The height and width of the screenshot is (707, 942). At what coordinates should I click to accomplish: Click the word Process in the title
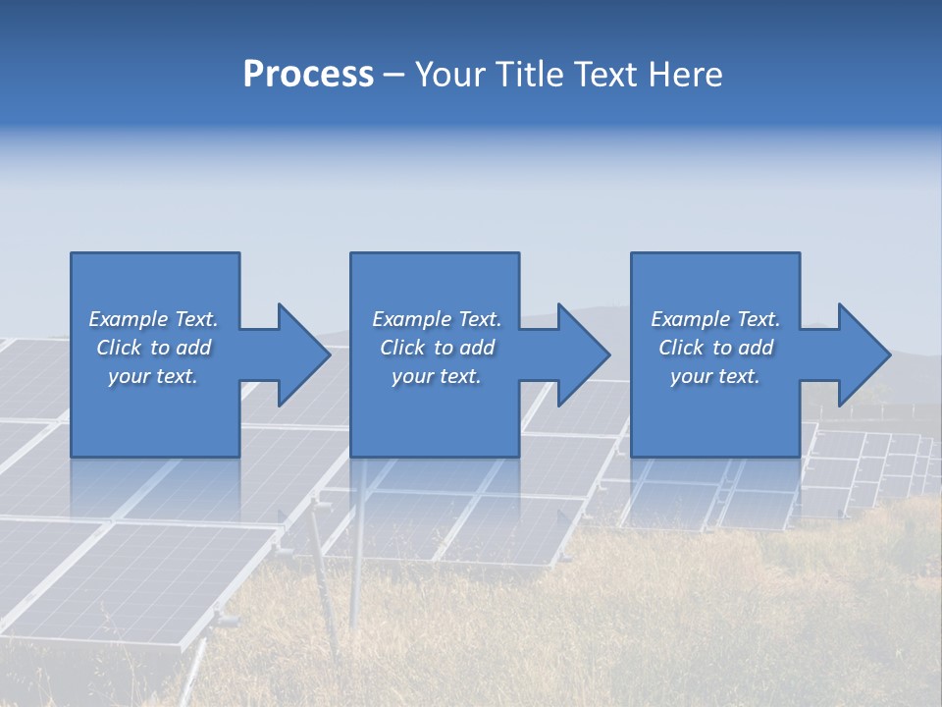(309, 75)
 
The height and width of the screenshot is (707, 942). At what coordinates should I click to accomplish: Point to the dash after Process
(394, 77)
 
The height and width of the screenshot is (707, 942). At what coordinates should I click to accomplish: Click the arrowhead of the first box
(304, 354)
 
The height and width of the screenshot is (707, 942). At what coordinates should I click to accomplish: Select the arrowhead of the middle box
(584, 354)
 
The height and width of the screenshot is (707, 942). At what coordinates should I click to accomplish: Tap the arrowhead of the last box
(864, 354)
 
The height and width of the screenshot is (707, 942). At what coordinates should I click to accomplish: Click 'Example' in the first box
(129, 319)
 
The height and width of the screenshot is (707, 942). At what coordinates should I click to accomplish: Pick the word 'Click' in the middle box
(402, 348)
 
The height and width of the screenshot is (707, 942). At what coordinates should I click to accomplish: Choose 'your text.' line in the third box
(715, 377)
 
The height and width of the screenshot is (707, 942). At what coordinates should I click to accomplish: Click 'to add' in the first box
(181, 348)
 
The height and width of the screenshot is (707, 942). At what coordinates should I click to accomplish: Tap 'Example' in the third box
(691, 319)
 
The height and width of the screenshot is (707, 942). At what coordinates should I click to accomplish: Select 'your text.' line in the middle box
(436, 377)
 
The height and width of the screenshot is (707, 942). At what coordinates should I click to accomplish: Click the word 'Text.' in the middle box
(480, 318)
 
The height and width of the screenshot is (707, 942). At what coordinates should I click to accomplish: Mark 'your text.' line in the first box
(153, 377)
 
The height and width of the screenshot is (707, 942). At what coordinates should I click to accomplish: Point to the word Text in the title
(606, 74)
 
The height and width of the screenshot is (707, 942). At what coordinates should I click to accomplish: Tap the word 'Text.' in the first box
(196, 318)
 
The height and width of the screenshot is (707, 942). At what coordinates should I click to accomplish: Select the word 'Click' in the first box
(119, 348)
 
